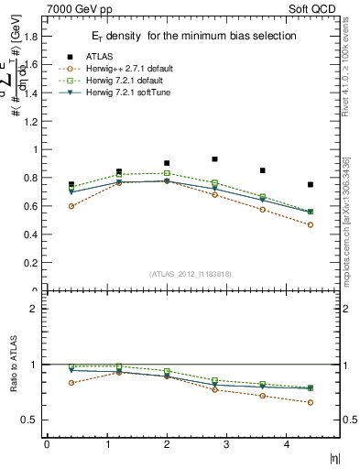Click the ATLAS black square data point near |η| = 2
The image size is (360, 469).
click(167, 163)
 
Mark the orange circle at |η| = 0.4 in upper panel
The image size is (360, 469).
click(71, 206)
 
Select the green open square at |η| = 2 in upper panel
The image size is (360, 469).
click(167, 173)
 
